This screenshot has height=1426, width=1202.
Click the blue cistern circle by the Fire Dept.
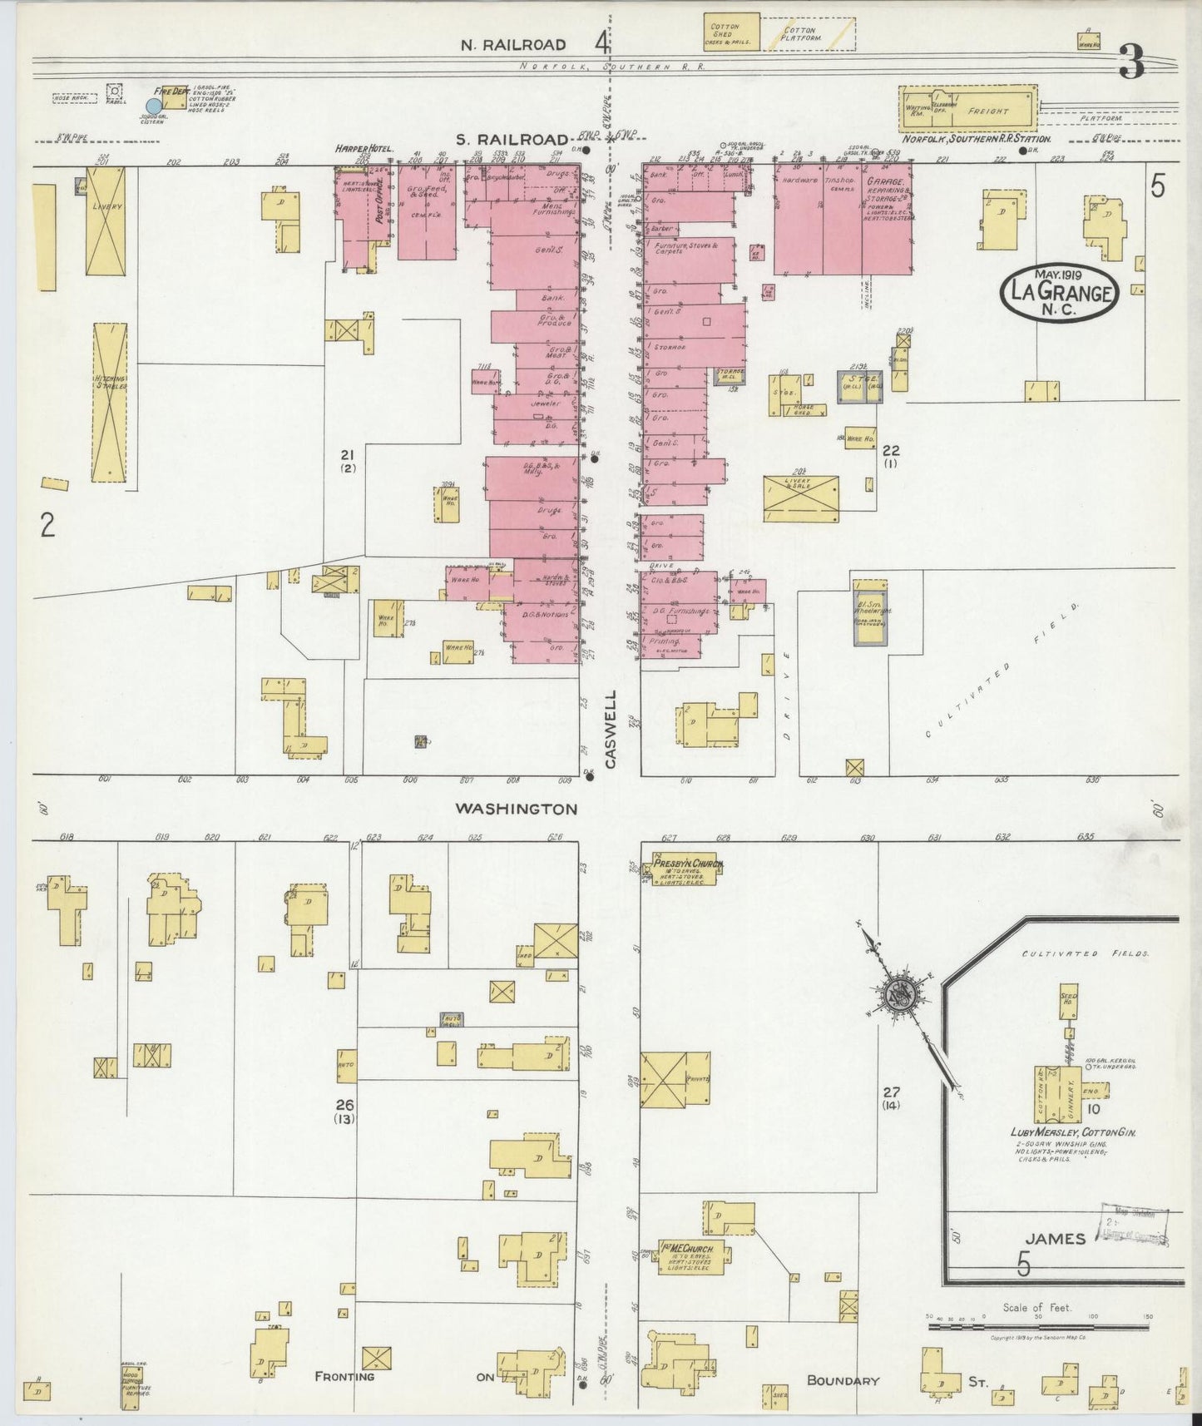point(153,106)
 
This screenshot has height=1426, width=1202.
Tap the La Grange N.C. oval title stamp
point(1061,292)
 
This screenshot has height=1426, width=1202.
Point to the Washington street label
point(516,809)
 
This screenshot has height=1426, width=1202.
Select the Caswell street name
point(611,728)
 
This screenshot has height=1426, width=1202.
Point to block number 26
point(344,1106)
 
